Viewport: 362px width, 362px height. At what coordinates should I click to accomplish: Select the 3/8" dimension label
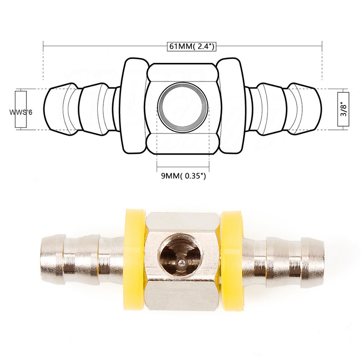[x=345, y=110]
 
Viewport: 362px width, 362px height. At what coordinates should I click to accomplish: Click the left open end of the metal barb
[x=45, y=259]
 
